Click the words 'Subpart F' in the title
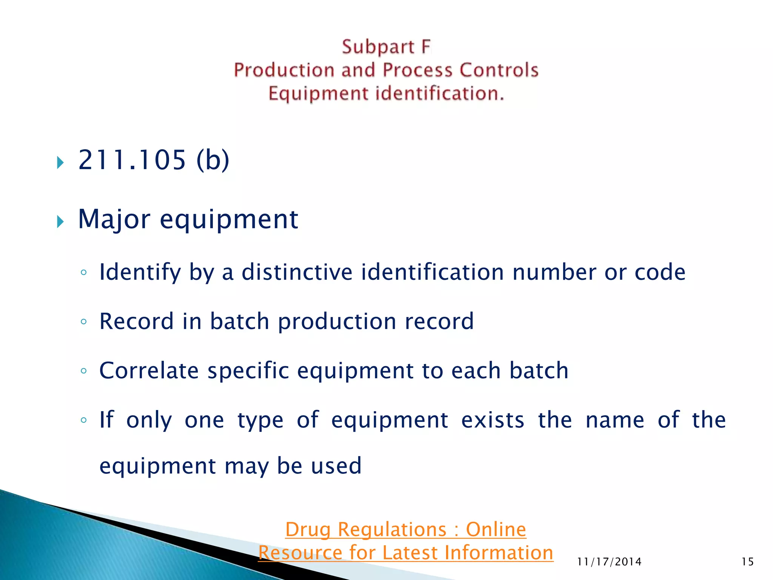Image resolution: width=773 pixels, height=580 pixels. [386, 47]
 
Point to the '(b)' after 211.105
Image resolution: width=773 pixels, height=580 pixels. [213, 160]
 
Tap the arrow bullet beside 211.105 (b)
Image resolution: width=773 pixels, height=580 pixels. [60, 163]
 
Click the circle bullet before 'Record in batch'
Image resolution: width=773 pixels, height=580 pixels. [84, 322]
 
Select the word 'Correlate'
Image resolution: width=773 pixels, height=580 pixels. [149, 370]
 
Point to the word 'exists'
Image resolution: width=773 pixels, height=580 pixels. [493, 420]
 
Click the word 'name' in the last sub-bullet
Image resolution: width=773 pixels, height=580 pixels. [615, 420]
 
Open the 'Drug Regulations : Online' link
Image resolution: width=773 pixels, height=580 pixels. [405, 529]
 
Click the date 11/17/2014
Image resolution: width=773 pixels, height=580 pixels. [609, 562]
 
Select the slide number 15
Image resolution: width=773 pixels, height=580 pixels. [747, 562]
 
